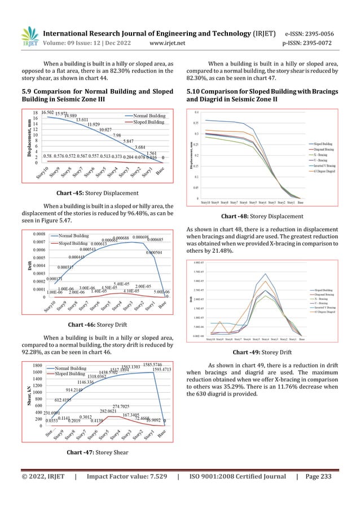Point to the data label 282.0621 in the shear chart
111,411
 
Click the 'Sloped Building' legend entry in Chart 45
145,122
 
